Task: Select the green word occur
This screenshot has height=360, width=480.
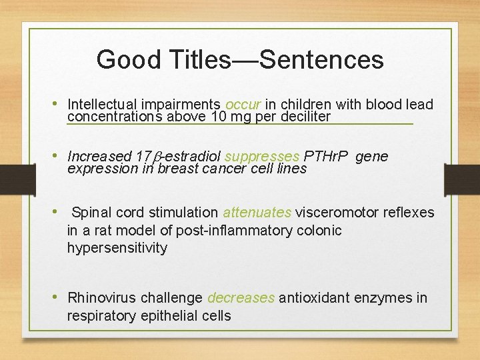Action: (243, 105)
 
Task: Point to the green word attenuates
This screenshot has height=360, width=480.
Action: (257, 213)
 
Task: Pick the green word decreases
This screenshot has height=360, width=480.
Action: (241, 298)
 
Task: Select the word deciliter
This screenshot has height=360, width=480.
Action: (303, 117)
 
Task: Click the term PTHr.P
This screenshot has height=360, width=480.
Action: (327, 157)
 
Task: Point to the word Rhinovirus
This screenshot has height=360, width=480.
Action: (100, 298)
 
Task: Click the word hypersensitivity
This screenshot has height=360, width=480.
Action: (117, 248)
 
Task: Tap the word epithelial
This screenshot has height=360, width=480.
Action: (166, 315)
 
